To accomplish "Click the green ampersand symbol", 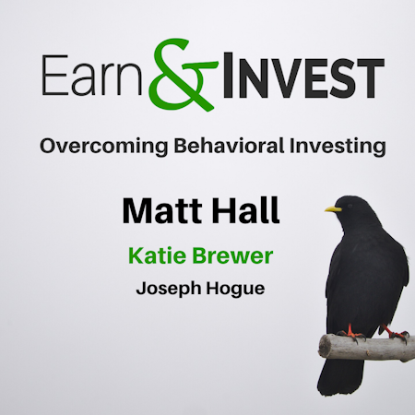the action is point(182,74).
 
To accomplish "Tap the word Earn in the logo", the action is point(91,76).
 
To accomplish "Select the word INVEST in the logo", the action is point(303,76).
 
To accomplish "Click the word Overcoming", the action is point(104,146).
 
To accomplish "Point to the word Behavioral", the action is point(229,145).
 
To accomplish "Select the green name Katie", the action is point(160,255).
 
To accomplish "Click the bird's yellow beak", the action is point(333,209).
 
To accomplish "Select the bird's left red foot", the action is point(351,334).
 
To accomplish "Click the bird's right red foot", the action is point(397,334).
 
